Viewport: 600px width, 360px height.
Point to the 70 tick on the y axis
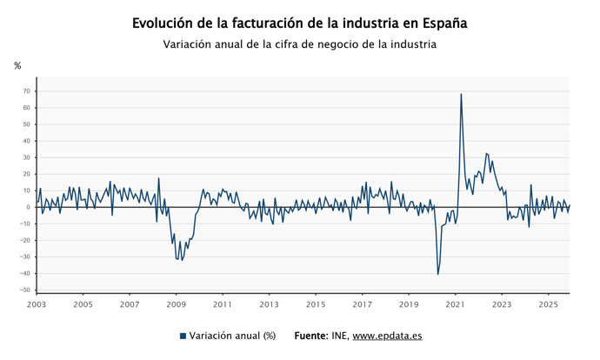27,91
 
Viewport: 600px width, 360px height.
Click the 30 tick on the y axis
27,157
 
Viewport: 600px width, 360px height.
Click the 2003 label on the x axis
36,305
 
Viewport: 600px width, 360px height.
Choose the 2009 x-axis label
176,305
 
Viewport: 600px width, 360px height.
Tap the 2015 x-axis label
316,305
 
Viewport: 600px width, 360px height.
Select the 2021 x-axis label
456,305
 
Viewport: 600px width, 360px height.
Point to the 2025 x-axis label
549,305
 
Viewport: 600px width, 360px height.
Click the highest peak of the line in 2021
461,94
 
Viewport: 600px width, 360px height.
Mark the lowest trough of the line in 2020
438,274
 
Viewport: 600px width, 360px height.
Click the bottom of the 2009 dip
181,260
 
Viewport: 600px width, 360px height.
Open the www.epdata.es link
387,336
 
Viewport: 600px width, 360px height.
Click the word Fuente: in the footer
311,336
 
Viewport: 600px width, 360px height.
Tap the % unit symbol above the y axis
17,66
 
